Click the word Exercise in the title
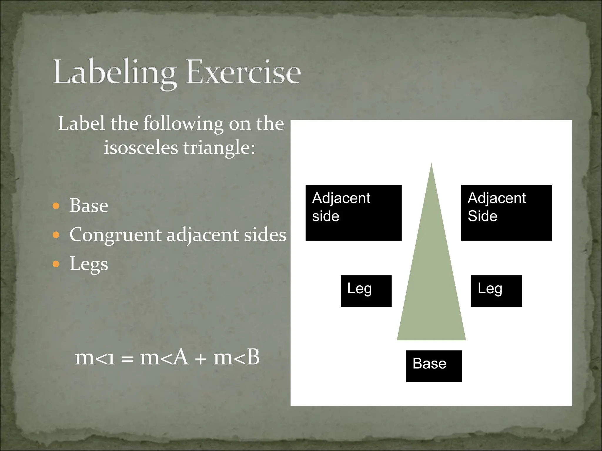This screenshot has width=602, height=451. coord(244,72)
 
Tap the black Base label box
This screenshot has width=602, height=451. coord(434,366)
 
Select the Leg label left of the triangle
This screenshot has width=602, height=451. coord(366,291)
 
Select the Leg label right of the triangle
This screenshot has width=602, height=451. coord(496,291)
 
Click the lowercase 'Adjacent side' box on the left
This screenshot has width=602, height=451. coord(353,213)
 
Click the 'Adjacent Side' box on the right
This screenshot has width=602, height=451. coord(506,213)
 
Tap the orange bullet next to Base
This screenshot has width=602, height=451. coord(56,206)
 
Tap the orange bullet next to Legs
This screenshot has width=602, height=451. coord(56,264)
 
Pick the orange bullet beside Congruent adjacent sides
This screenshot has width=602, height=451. coord(56,235)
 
